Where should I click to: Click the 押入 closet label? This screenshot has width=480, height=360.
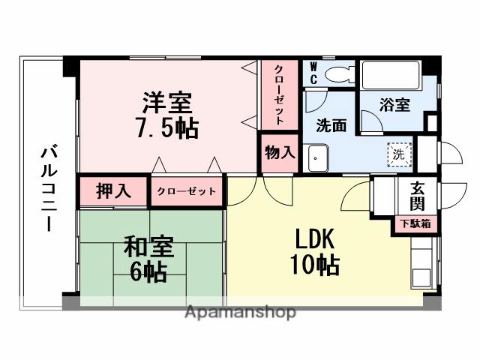(x=114, y=190)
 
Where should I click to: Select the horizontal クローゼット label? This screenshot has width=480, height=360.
(x=186, y=191)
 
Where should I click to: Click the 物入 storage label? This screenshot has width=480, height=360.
(x=280, y=152)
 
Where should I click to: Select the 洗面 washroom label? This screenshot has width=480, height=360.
(x=331, y=126)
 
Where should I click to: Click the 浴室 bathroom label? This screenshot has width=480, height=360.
(x=395, y=104)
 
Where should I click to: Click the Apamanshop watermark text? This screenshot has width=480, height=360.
(x=240, y=311)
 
